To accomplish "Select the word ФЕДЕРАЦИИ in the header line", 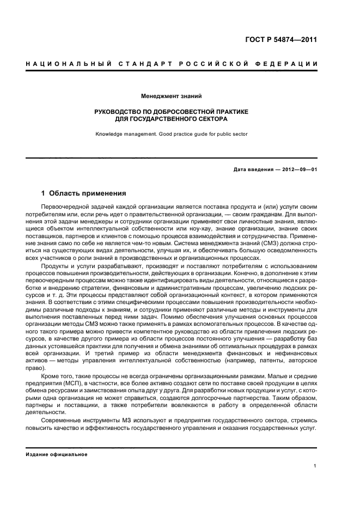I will pyautogui.click(x=288, y=64).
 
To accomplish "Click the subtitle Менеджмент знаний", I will pyautogui.click(x=172, y=96).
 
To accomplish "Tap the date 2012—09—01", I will pyautogui.click(x=298, y=169).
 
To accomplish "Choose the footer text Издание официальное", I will pyautogui.click(x=57, y=454).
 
